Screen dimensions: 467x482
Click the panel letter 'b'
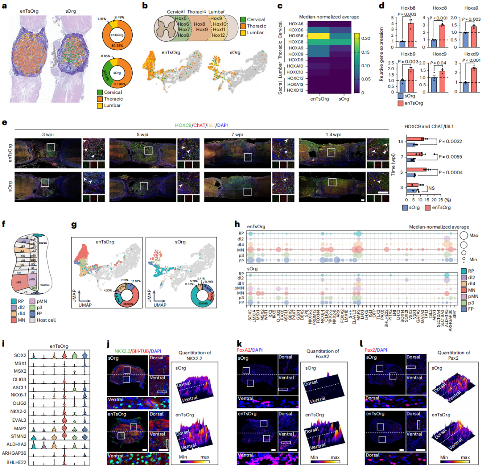[x=145, y=6]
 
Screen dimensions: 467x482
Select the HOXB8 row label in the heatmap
[x=296, y=36]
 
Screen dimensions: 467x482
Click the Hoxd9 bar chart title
[x=471, y=54]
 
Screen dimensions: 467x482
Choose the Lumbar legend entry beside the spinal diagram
[x=255, y=33]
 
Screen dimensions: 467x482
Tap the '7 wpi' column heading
[x=237, y=135]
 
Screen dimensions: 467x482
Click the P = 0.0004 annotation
[x=450, y=172]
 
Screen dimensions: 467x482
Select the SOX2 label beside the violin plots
[x=20, y=356]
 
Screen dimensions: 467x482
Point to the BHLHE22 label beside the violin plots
[x=16, y=462]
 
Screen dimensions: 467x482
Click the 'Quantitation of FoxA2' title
[x=323, y=354]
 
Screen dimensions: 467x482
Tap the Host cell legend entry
[x=46, y=320]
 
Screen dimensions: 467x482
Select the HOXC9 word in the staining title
[x=183, y=125]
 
